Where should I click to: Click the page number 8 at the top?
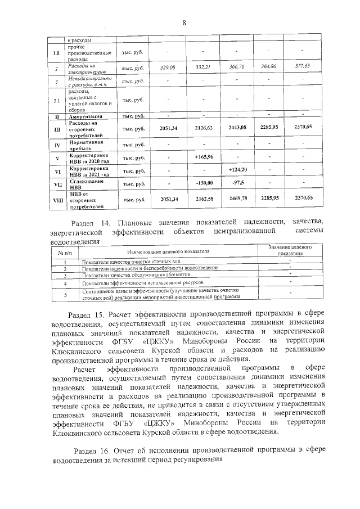184,22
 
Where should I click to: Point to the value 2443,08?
237,128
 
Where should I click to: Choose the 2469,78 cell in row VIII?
237,199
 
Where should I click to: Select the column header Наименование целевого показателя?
168,252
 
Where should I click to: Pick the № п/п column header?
64,252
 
